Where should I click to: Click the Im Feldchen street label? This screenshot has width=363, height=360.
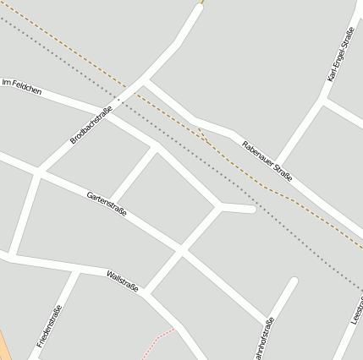pyautogui.click(x=22, y=85)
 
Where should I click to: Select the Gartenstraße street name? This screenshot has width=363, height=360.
pyautogui.click(x=107, y=205)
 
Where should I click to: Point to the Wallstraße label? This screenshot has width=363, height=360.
pyautogui.click(x=123, y=281)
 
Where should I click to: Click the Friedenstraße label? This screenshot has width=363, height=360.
pyautogui.click(x=50, y=326)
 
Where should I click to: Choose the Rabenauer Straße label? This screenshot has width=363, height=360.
pyautogui.click(x=267, y=161)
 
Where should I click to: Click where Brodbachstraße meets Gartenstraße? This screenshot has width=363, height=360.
pyautogui.click(x=37, y=172)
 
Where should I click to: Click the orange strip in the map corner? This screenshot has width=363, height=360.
pyautogui.click(x=3, y=346)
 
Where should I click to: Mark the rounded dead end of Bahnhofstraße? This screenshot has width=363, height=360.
pyautogui.click(x=293, y=281)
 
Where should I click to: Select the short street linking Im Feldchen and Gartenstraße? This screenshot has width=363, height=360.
pyautogui.click(x=134, y=174)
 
